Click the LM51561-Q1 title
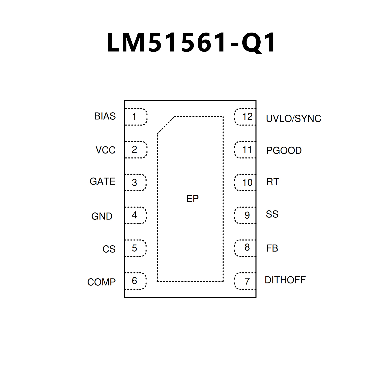point(191,43)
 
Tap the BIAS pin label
point(105,116)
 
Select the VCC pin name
point(105,150)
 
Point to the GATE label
point(102,181)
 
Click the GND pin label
point(102,216)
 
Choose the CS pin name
point(109,249)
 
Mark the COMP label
point(101,282)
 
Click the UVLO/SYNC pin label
point(293,119)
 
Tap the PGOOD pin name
point(284,150)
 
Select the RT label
point(272,182)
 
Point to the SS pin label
point(272,214)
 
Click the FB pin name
point(272,248)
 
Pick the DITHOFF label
point(285,280)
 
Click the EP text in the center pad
point(192,199)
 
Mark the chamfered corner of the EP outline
point(166,125)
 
